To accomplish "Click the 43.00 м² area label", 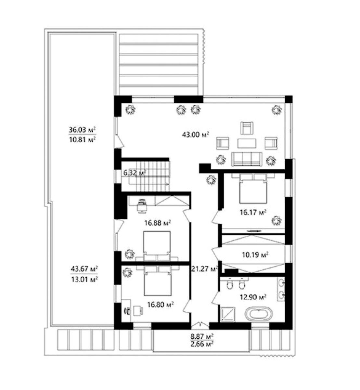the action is (x=195, y=135).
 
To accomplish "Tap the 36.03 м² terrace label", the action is (x=82, y=130).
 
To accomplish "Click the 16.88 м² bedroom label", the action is (x=158, y=223).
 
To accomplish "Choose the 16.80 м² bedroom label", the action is (x=161, y=310).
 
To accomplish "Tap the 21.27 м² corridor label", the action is (x=204, y=269).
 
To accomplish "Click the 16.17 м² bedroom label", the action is (x=253, y=212).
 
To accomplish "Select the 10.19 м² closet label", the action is (x=255, y=255).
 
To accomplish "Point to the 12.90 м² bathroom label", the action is (x=253, y=297).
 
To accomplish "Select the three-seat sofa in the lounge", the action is (x=247, y=159).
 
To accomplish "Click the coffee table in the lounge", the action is (x=247, y=143).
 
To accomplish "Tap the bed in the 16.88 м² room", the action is (x=157, y=246).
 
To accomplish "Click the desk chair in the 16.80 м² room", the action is (x=138, y=311).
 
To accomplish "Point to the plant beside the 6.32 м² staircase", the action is (x=212, y=179).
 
